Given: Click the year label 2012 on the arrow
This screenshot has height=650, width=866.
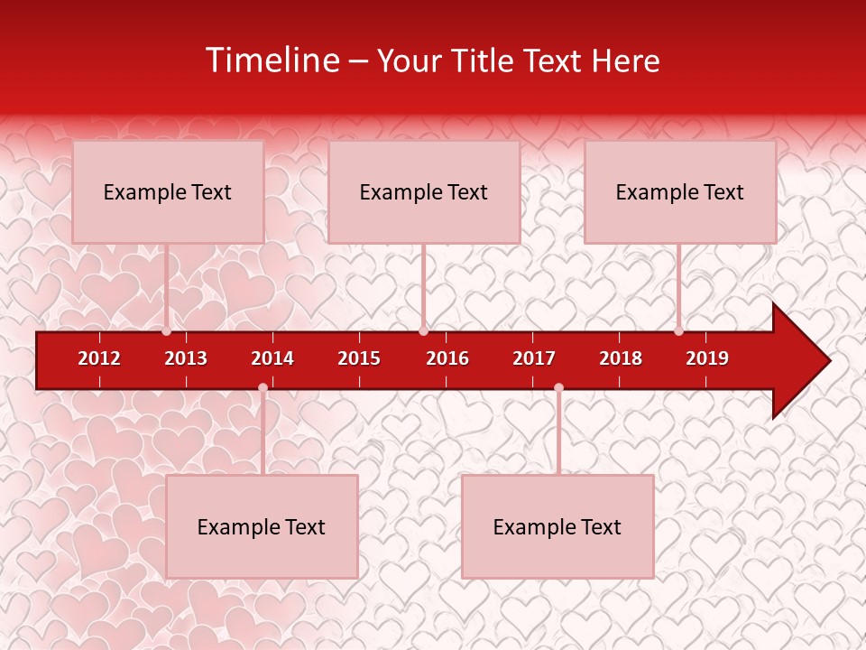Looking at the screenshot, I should click(99, 358).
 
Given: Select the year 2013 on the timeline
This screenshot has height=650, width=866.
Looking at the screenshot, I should click(186, 358).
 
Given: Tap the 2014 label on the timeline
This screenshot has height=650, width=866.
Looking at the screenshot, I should click(272, 358).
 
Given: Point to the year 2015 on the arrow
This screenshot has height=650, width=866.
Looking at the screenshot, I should click(359, 358).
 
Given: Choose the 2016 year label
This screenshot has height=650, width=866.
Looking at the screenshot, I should click(447, 358).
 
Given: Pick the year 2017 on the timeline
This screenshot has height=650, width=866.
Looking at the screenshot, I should click(534, 358).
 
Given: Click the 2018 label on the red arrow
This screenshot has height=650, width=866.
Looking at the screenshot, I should click(621, 358).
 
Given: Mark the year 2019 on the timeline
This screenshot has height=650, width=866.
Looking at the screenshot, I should click(707, 358).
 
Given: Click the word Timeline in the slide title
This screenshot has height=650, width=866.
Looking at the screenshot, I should click(273, 60).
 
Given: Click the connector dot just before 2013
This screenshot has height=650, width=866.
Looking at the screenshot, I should click(167, 331).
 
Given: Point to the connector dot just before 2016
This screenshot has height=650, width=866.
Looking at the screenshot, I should click(423, 331).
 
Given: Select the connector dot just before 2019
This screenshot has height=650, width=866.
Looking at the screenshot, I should click(678, 331).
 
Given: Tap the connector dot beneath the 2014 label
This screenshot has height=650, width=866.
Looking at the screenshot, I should click(263, 388).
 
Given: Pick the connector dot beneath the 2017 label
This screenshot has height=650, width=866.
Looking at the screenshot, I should click(558, 388).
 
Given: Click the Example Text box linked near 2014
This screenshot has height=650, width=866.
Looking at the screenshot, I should click(262, 526).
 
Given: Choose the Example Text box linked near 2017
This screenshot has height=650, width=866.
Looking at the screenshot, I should click(557, 526).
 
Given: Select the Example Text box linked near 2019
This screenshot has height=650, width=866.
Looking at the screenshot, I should click(680, 191).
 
